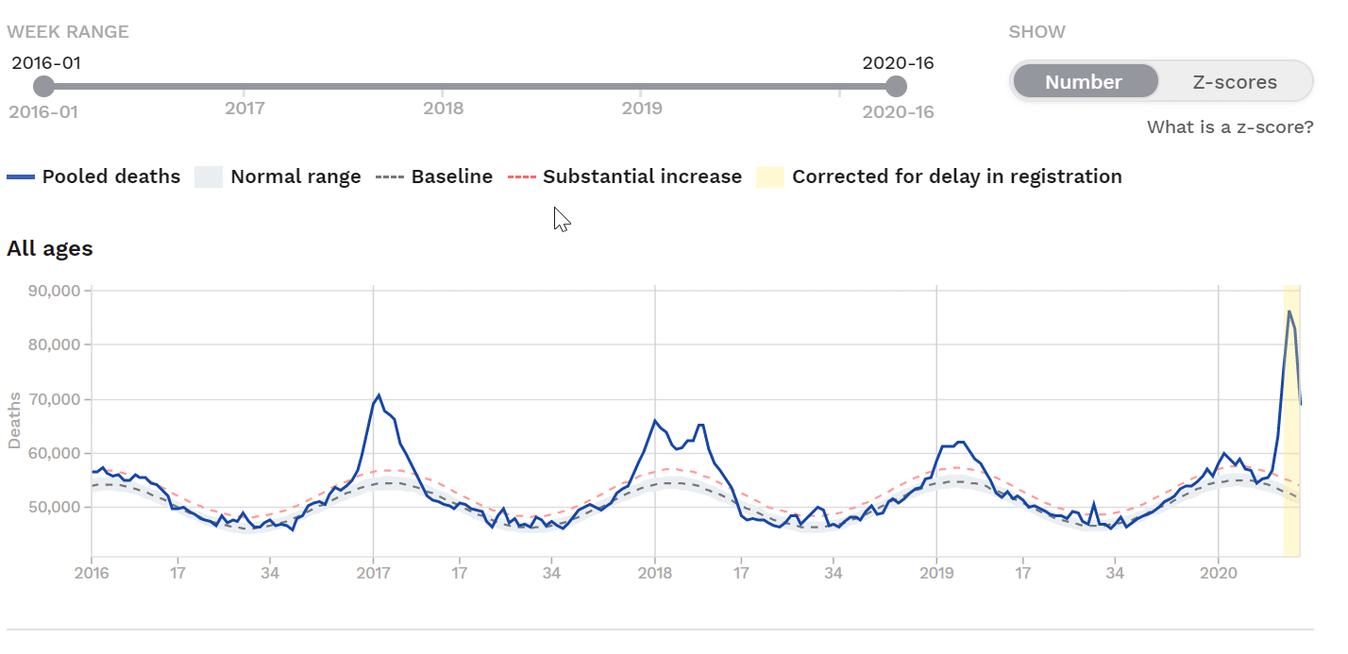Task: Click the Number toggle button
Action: coord(1084,82)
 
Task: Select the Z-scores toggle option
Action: coord(1234,82)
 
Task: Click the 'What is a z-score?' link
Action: coord(1229,126)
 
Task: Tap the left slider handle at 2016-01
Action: coord(43,87)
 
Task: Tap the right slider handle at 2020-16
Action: coord(896,87)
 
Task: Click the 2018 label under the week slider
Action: coord(443,108)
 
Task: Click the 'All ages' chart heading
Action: coord(50,249)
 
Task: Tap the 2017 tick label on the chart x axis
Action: coord(373,573)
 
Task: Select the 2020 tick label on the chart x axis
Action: coord(1218,573)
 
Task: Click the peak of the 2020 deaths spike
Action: coord(1289,310)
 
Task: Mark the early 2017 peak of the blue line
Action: coord(379,395)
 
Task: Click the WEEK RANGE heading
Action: coord(68,32)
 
